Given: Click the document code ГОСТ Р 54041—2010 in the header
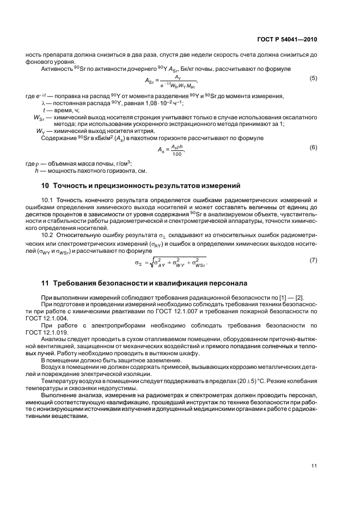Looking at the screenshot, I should [x=287, y=40].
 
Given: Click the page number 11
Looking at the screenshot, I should [x=314, y=466].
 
